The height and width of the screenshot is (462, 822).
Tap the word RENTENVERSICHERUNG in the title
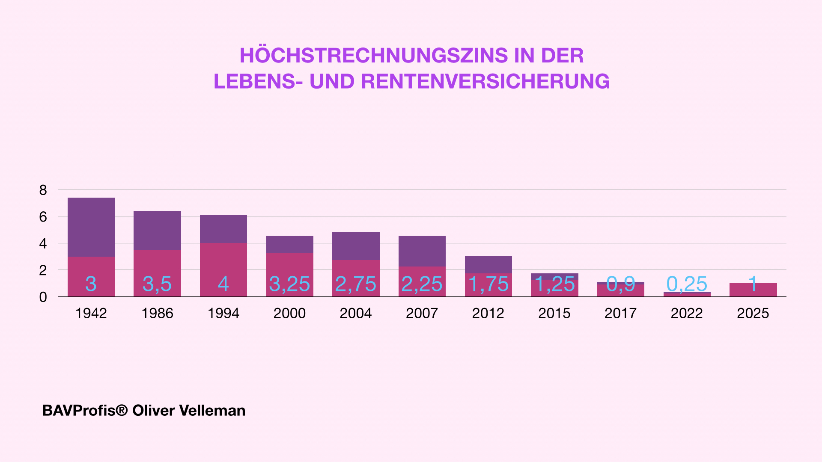pyautogui.click(x=485, y=82)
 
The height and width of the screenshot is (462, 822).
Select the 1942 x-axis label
pyautogui.click(x=91, y=313)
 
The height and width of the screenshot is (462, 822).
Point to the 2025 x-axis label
pyautogui.click(x=753, y=313)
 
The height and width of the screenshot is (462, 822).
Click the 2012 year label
pyautogui.click(x=488, y=313)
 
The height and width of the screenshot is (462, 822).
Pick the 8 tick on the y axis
pyautogui.click(x=43, y=190)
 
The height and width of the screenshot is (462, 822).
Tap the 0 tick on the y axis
pyautogui.click(x=43, y=297)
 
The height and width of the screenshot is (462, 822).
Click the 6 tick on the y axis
pyautogui.click(x=43, y=217)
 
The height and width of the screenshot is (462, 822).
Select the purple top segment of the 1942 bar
pyautogui.click(x=91, y=227)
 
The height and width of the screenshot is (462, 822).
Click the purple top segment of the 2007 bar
pyautogui.click(x=422, y=251)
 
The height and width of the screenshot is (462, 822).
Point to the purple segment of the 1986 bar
pyautogui.click(x=157, y=230)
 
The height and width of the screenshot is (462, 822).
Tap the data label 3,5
pyautogui.click(x=157, y=284)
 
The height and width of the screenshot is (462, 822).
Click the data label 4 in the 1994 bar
pyautogui.click(x=223, y=284)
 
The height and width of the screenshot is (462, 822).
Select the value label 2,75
pyautogui.click(x=355, y=284)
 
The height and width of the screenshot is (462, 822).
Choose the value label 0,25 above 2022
pyautogui.click(x=687, y=284)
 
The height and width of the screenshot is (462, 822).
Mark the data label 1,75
pyautogui.click(x=488, y=284)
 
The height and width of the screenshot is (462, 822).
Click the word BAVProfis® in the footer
pyautogui.click(x=85, y=411)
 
